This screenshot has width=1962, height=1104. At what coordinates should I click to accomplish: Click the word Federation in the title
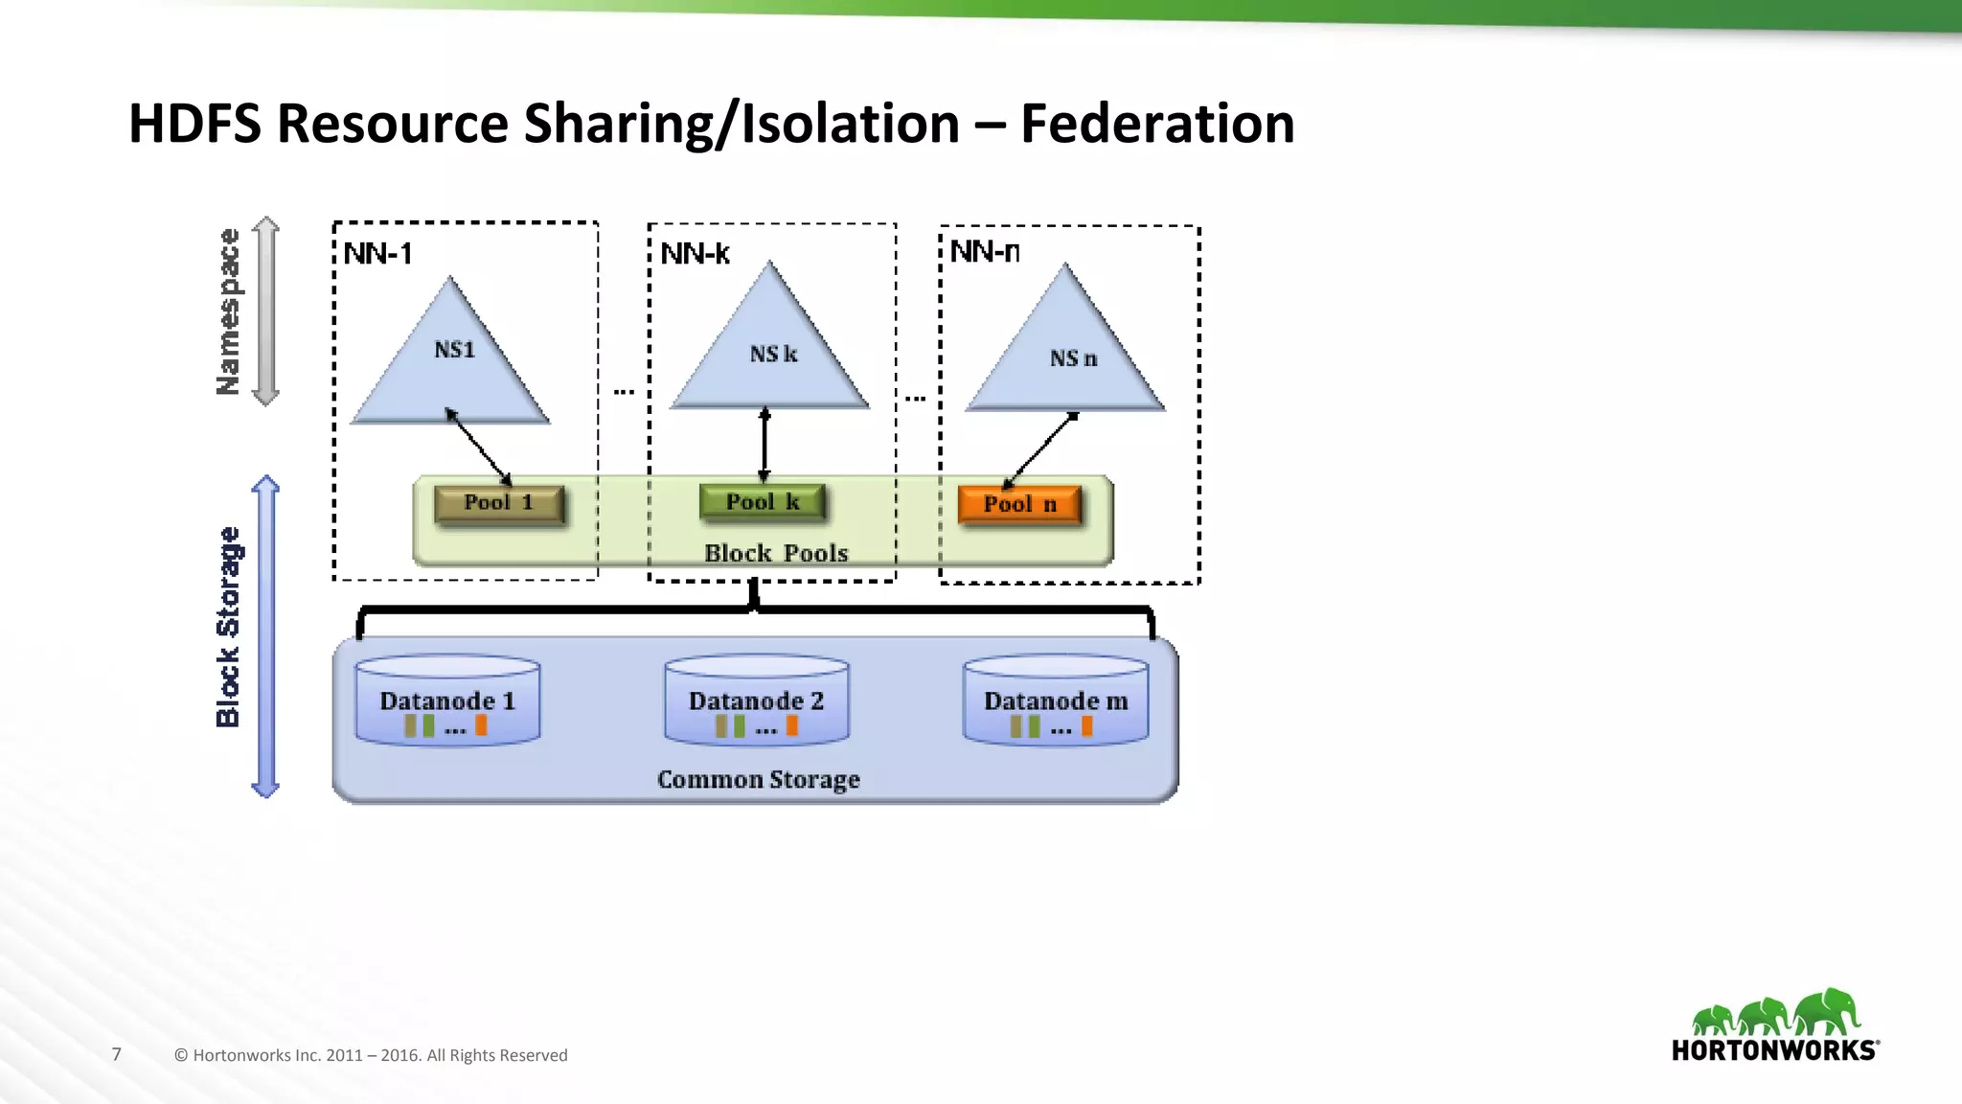(x=1156, y=124)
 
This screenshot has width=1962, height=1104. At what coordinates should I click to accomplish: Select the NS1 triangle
(x=451, y=364)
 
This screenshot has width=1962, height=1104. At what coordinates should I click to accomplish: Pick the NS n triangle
(x=1066, y=355)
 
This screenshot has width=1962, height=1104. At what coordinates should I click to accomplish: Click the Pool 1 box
(x=498, y=503)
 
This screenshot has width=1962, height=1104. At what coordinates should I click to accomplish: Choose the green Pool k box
(x=763, y=502)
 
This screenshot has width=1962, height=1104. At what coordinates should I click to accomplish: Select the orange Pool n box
(x=1019, y=505)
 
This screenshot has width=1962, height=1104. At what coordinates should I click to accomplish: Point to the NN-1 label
(x=377, y=254)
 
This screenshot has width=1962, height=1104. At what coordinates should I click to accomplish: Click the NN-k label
(x=695, y=254)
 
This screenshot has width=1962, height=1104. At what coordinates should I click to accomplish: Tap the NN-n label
(x=984, y=252)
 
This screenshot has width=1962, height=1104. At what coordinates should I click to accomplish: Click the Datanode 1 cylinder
(x=447, y=701)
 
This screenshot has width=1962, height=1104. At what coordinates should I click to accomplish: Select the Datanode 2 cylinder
(x=756, y=701)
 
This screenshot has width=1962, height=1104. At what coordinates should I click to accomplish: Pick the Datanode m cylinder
(x=1055, y=701)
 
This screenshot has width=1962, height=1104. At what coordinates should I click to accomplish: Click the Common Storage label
(x=758, y=780)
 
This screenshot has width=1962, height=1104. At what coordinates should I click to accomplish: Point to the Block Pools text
(x=776, y=554)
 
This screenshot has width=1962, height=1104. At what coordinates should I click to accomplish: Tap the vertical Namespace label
(x=228, y=311)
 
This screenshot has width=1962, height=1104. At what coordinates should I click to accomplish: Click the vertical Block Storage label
(x=228, y=627)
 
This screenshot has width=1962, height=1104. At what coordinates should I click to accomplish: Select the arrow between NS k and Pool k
(x=764, y=445)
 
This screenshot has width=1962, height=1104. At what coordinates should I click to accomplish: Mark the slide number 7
(x=117, y=1055)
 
